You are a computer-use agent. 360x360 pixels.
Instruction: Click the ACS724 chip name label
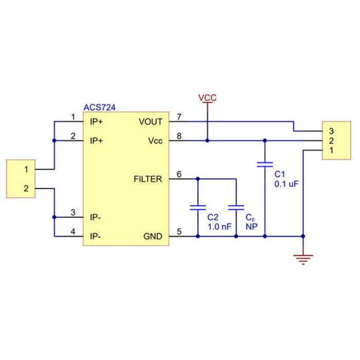tap(99, 108)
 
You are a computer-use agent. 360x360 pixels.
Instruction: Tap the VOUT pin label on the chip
tap(150, 122)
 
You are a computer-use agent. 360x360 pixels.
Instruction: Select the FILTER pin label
tap(148, 179)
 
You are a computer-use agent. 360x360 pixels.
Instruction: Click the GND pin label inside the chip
tap(153, 237)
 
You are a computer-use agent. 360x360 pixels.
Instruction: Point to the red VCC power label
tap(207, 97)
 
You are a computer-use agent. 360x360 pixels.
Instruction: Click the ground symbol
tap(303, 259)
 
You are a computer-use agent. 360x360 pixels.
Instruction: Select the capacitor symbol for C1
tap(265, 165)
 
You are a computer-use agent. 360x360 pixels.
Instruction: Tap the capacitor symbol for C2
tap(197, 208)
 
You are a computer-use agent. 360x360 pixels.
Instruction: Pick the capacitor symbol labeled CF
tap(236, 208)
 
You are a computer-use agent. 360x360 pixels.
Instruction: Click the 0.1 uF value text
tap(286, 183)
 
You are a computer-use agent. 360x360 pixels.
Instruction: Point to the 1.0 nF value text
tap(220, 226)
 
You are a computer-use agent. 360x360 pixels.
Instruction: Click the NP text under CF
tap(251, 226)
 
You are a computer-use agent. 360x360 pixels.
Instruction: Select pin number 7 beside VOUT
tap(179, 117)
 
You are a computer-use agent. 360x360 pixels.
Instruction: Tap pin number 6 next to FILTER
tap(179, 174)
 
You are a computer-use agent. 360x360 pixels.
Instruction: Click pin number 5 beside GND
tap(179, 231)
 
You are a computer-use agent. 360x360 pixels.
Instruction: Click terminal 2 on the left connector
tap(26, 189)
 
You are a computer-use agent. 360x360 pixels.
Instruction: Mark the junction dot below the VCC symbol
tap(207, 140)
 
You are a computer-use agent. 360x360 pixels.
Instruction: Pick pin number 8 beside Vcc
tap(179, 136)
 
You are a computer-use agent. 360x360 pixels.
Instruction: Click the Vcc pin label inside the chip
tap(155, 140)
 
